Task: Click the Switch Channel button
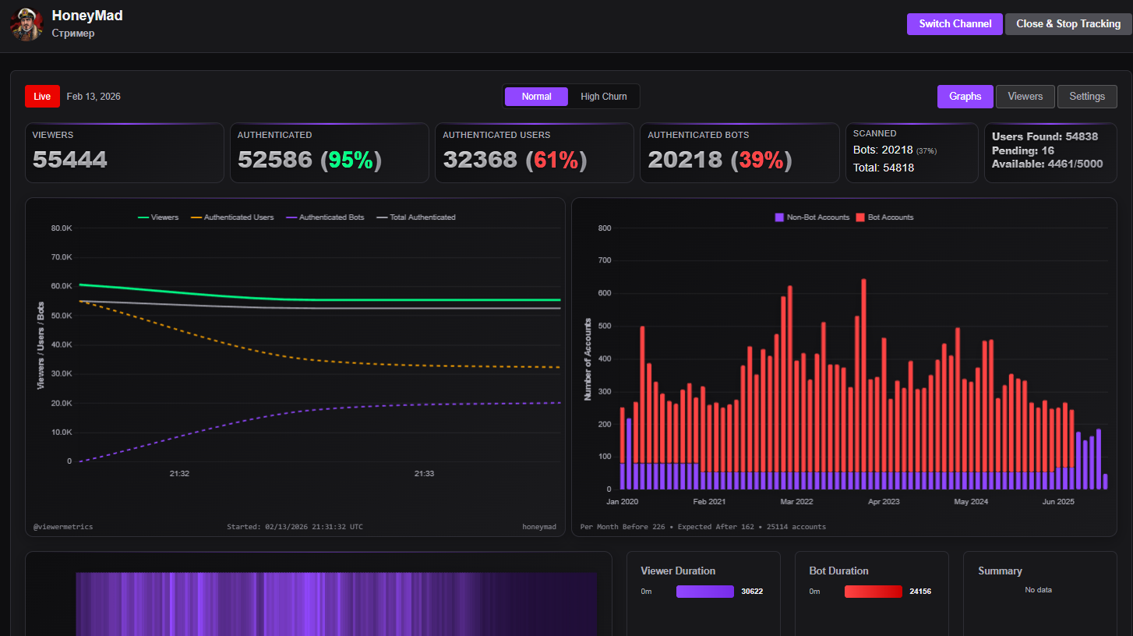click(955, 24)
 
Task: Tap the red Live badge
click(42, 97)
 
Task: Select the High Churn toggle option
click(603, 97)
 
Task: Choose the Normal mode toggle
click(536, 97)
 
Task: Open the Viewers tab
click(1025, 97)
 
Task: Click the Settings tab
click(1086, 97)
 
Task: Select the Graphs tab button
click(965, 97)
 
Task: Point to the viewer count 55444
click(70, 160)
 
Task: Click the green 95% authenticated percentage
click(351, 160)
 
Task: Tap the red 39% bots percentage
click(761, 160)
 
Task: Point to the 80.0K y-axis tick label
click(62, 228)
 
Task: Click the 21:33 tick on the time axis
click(424, 473)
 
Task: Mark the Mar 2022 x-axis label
click(796, 502)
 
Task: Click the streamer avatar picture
click(26, 24)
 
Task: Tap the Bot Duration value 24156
click(920, 592)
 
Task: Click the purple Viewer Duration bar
click(704, 592)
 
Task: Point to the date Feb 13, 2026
click(94, 97)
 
